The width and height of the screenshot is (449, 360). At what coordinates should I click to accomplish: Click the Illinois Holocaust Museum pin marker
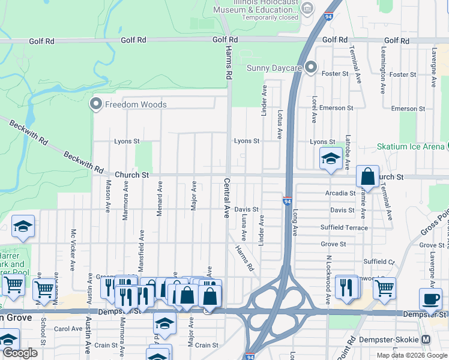[x=307, y=8]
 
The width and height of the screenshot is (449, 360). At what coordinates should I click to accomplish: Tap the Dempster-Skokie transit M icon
[x=426, y=339]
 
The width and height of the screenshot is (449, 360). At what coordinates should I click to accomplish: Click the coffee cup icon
[x=429, y=299]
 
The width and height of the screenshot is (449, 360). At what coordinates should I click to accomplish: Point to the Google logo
[x=19, y=353]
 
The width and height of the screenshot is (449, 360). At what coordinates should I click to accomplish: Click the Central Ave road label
[x=227, y=197]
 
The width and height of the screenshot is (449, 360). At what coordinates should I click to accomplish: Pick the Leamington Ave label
[x=382, y=77]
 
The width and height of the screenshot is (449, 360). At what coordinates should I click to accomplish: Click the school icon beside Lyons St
[x=330, y=158]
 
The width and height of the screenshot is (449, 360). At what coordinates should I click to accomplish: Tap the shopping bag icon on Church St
[x=367, y=176]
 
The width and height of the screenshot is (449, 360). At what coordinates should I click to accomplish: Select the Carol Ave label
[x=68, y=329]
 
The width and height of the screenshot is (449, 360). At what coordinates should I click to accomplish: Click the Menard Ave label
[x=160, y=196]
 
